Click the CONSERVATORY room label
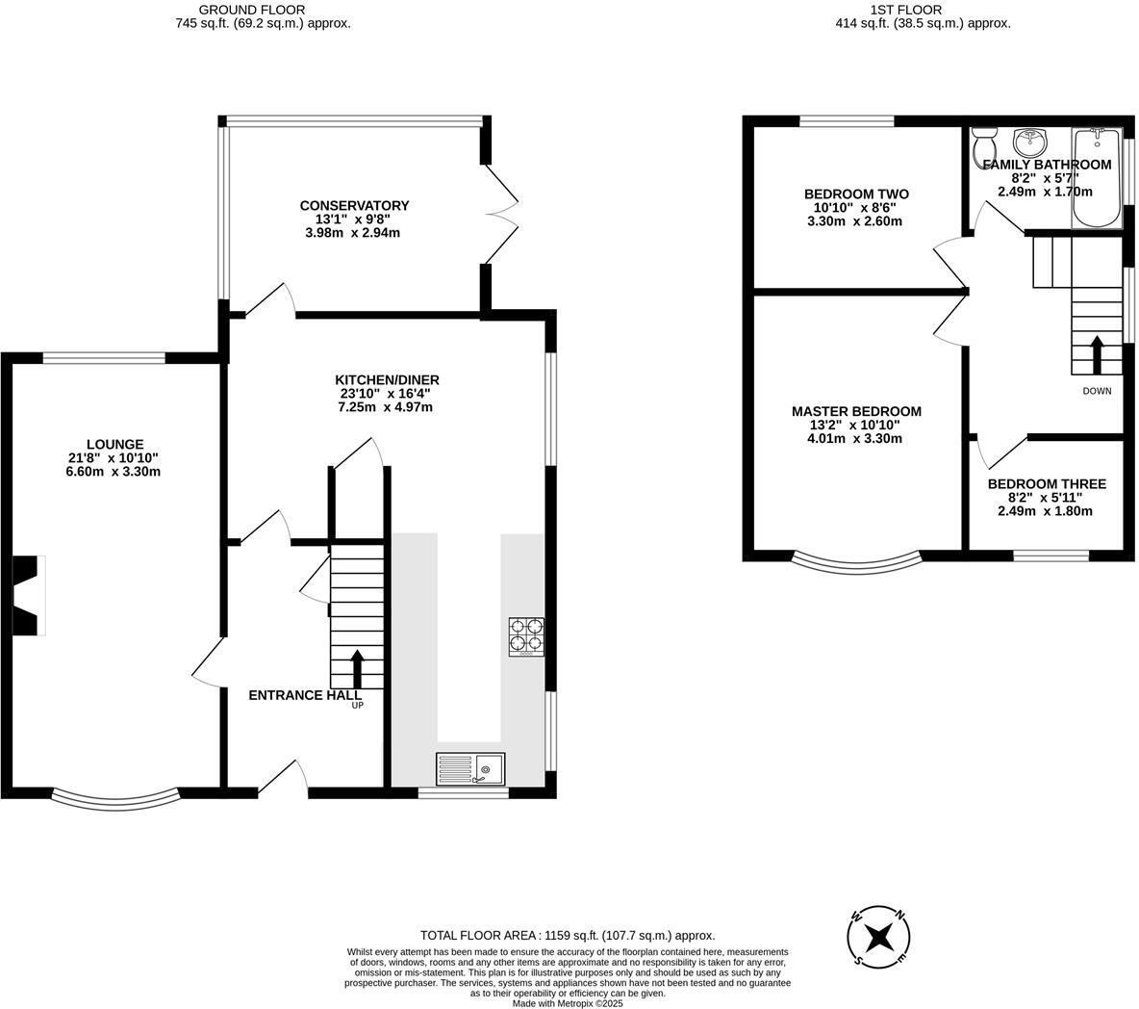pyautogui.click(x=354, y=205)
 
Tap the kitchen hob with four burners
pyautogui.click(x=526, y=637)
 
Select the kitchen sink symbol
pyautogui.click(x=470, y=768)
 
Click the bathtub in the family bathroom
pyautogui.click(x=1096, y=179)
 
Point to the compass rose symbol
pyautogui.click(x=878, y=937)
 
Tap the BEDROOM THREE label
pyautogui.click(x=1047, y=484)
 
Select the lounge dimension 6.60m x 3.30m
pyautogui.click(x=113, y=472)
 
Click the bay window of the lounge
pyautogui.click(x=115, y=798)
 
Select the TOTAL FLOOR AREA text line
pyautogui.click(x=568, y=935)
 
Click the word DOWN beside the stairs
pyautogui.click(x=1097, y=391)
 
